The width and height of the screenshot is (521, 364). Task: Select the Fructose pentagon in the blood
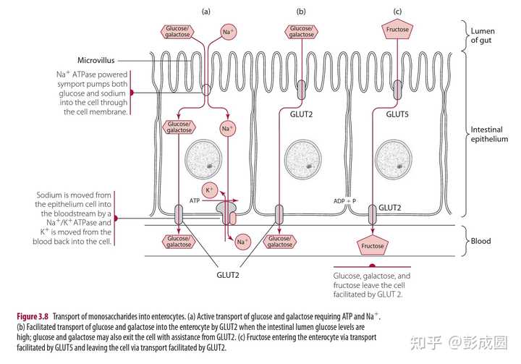(371, 246)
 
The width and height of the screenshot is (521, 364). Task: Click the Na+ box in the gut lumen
(228, 32)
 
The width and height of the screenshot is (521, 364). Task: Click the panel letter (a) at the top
(206, 11)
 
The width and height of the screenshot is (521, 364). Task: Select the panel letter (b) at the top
(301, 11)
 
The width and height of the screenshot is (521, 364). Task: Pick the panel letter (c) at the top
(397, 11)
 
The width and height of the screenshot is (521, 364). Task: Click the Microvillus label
(96, 60)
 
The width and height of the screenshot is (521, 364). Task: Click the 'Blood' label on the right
(480, 241)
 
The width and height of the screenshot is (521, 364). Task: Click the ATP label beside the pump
(195, 200)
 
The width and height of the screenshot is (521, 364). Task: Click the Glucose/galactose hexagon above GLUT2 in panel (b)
(301, 32)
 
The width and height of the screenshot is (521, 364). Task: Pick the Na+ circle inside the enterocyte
(227, 130)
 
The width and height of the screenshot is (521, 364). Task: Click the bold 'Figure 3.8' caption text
(36, 316)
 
